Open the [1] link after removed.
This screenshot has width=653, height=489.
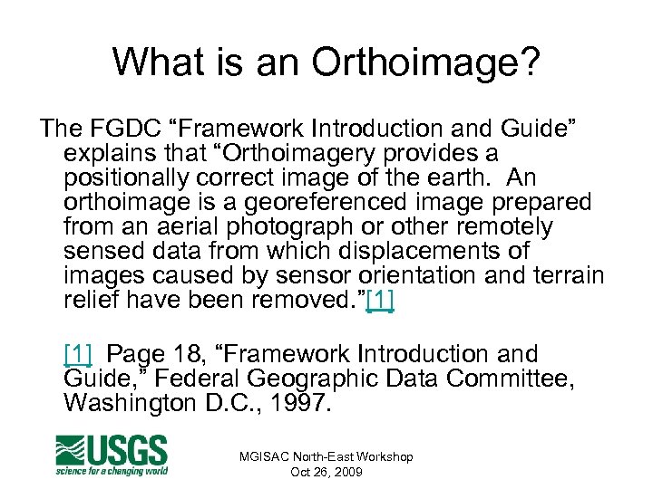pos(379,299)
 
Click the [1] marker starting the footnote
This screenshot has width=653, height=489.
pos(78,354)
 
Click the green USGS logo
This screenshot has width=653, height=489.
pos(112,450)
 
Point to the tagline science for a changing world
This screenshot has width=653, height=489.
pos(112,470)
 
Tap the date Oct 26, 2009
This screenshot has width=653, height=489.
pos(326,472)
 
